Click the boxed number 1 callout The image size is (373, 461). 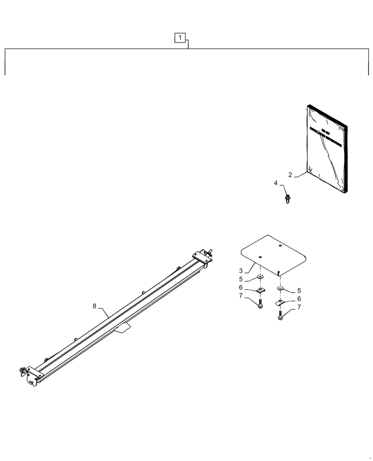pos(180,37)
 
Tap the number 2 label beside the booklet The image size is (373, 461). pos(290,175)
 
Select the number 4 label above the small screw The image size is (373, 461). pos(276,183)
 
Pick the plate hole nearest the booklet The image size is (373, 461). pos(280,246)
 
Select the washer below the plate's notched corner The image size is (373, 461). pos(281,289)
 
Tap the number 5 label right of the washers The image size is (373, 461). pos(299,290)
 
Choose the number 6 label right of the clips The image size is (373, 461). pos(299,299)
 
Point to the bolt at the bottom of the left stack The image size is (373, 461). pos(260,305)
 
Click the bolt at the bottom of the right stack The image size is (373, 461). pos(280,316)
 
